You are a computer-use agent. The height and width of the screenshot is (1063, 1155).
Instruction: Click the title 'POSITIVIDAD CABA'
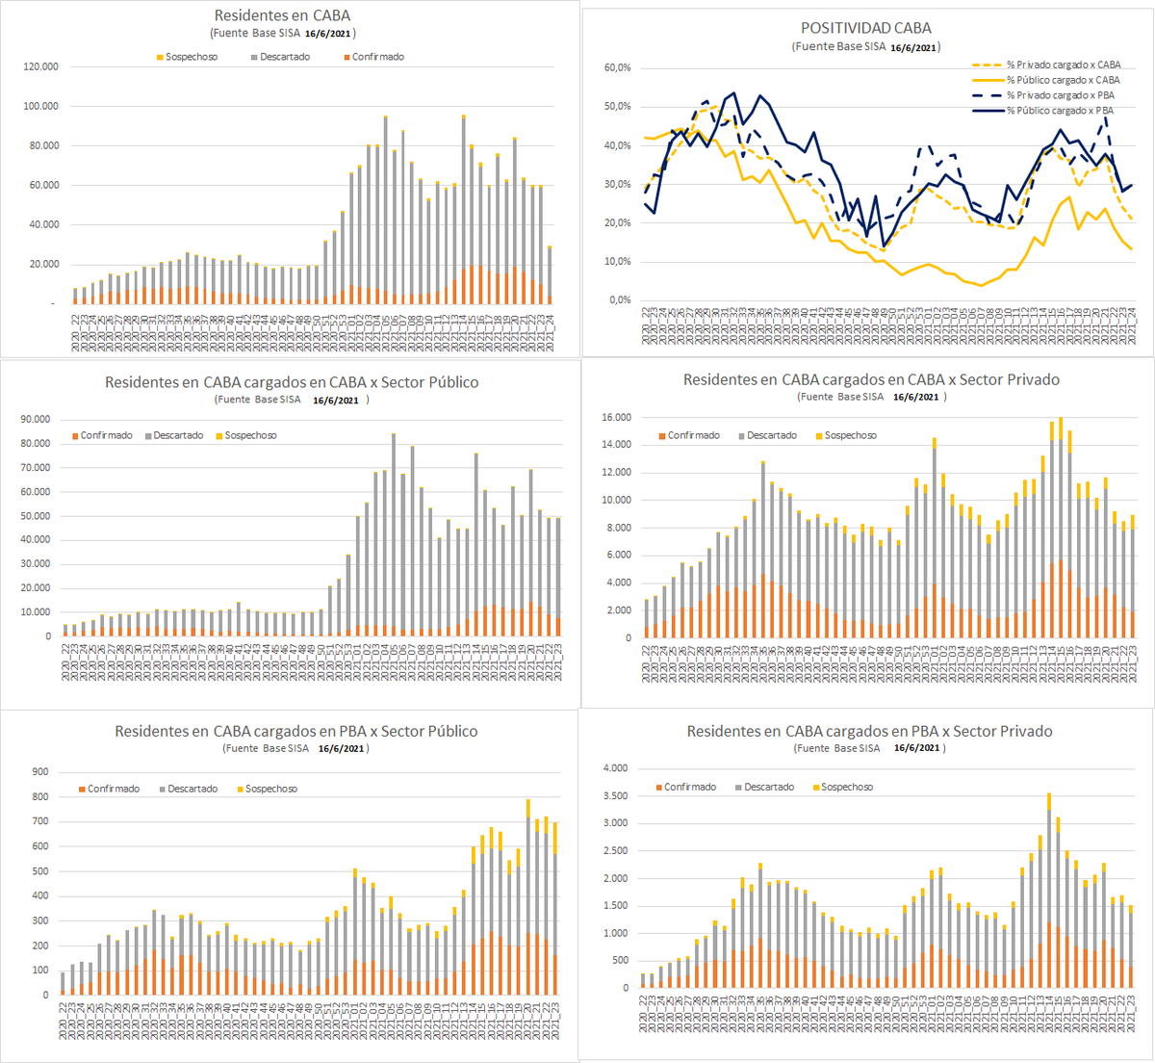point(866,28)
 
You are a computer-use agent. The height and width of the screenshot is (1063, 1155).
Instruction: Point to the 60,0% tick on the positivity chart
point(617,67)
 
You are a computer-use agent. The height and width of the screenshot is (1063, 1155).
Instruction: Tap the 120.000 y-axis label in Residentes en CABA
point(41,66)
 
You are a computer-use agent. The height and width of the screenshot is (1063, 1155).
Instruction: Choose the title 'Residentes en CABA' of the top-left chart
point(282,15)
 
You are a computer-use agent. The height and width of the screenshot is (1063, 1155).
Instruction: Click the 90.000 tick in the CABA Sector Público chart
point(35,419)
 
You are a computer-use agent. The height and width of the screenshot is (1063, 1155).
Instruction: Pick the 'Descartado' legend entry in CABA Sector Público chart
point(178,435)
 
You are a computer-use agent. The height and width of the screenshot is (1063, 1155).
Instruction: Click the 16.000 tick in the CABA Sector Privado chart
point(616,417)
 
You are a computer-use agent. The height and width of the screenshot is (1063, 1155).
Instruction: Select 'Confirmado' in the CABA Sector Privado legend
point(694,435)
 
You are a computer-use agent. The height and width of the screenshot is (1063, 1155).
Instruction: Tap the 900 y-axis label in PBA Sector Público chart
point(40,771)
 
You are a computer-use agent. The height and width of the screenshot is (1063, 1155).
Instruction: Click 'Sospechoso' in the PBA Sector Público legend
point(270,789)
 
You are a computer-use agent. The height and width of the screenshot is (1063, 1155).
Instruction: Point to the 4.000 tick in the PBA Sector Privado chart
point(614,768)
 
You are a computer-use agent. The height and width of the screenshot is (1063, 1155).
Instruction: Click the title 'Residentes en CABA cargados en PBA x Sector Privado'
point(869,732)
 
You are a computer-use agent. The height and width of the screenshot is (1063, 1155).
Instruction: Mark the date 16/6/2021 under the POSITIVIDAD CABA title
point(913,47)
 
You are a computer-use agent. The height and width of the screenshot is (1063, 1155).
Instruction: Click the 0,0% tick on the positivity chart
point(619,300)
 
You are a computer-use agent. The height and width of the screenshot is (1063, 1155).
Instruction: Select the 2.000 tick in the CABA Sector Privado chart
point(617,610)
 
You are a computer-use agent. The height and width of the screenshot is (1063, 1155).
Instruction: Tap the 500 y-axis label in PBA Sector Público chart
point(40,870)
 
